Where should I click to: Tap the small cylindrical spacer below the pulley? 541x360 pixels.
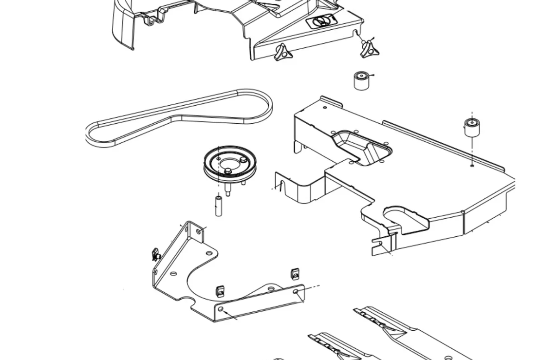coord(219,205)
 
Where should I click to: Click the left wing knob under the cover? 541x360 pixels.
coord(282,53)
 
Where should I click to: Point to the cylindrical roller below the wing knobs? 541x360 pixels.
coord(361,80)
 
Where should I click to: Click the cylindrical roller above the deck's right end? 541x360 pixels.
coord(471,127)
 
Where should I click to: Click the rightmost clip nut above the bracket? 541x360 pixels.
coord(295,273)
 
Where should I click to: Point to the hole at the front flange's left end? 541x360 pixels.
coord(221,309)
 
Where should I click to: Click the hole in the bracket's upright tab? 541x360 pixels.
coord(199,230)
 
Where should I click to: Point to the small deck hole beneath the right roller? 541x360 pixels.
coord(472,166)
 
